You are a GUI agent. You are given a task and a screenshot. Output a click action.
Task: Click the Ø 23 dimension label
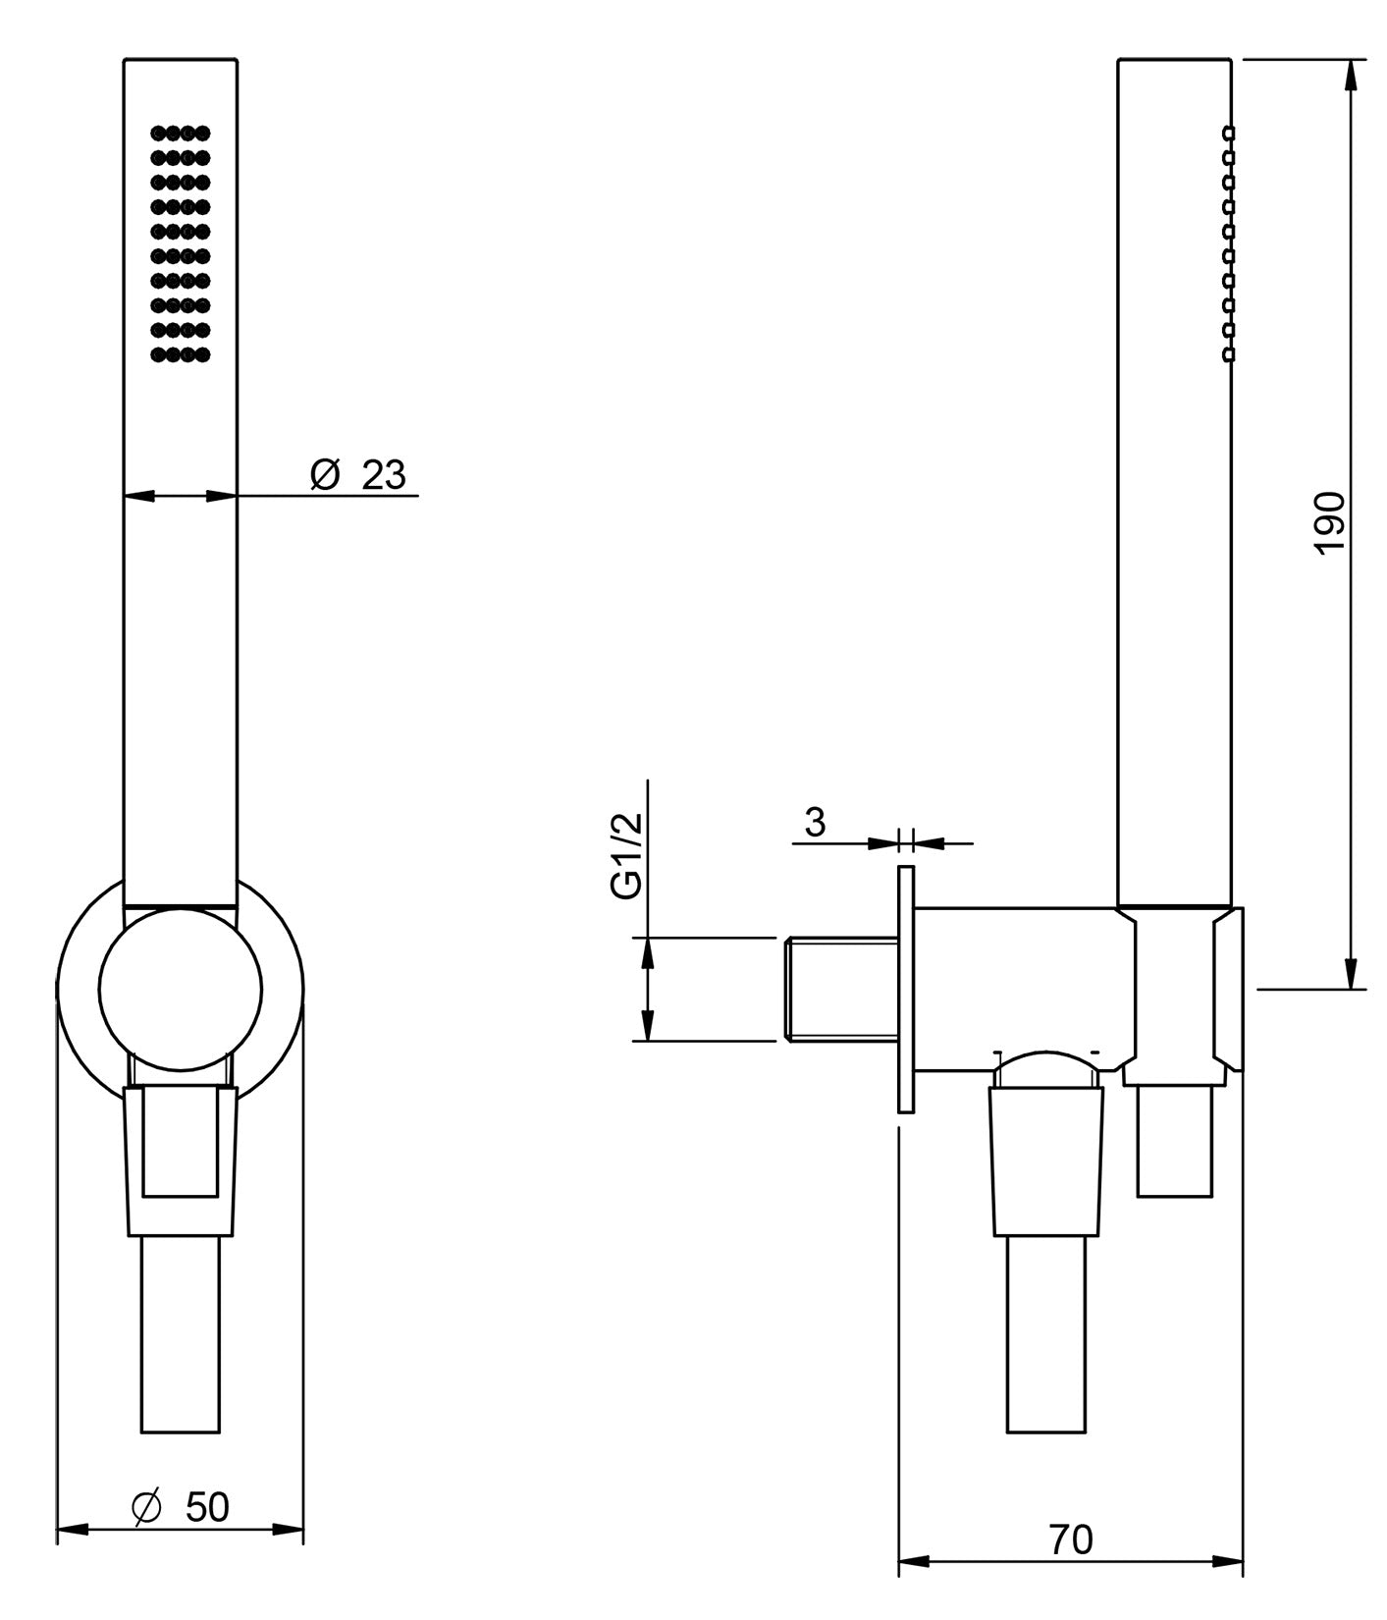click(358, 475)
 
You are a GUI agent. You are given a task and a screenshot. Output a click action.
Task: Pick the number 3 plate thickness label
click(815, 822)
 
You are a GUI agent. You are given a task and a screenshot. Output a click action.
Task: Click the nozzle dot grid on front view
click(181, 243)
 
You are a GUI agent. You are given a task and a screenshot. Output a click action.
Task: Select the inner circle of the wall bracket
click(181, 989)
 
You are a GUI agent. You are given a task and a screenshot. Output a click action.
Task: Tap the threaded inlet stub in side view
click(842, 990)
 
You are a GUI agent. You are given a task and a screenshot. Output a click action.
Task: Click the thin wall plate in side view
click(906, 989)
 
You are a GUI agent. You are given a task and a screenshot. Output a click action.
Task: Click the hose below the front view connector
click(181, 1335)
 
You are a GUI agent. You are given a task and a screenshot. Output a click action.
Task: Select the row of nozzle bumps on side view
click(1228, 243)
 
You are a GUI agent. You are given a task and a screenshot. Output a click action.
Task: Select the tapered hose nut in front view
click(181, 1159)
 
